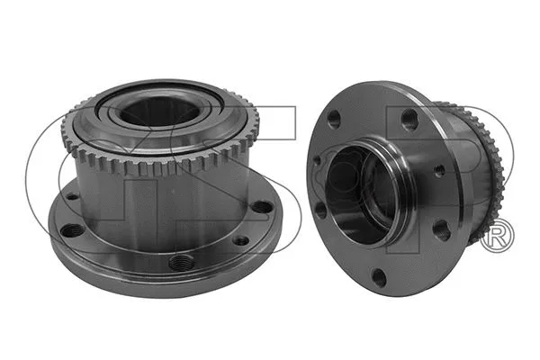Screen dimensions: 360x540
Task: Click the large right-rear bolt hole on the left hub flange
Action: click(x=260, y=207)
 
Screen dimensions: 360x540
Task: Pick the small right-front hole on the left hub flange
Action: click(x=240, y=240)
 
